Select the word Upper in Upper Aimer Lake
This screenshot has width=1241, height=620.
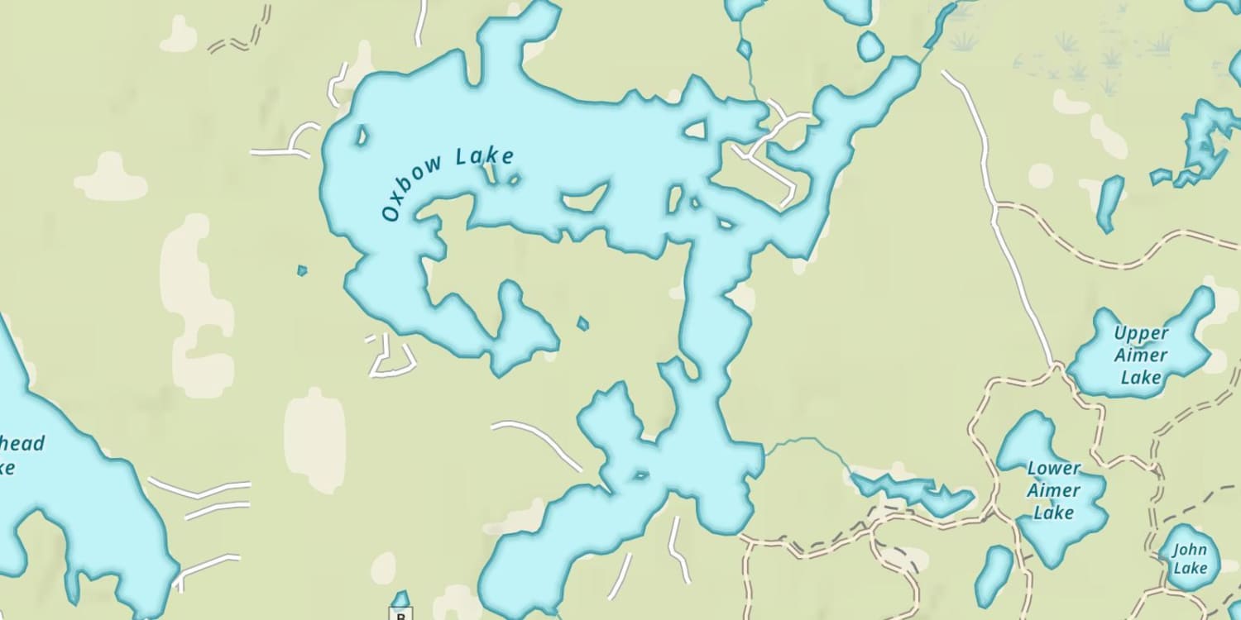click(1141, 333)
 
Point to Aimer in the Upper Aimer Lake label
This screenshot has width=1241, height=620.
click(1141, 355)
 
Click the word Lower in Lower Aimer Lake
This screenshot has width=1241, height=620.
click(1054, 469)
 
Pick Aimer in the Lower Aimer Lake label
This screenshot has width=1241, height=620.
click(1054, 490)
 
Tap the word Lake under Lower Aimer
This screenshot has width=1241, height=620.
click(1054, 513)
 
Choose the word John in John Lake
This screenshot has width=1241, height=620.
click(1190, 550)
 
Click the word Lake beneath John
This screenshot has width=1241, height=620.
click(1190, 569)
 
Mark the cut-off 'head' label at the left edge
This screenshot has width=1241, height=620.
click(22, 444)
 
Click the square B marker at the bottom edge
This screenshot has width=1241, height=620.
click(401, 615)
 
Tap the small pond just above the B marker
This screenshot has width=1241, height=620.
click(400, 598)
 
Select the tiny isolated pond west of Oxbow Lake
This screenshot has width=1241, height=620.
click(302, 269)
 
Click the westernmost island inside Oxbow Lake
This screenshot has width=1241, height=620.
click(361, 135)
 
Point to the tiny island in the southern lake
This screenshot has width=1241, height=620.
click(640, 475)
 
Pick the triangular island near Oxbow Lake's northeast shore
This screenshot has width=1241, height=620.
click(695, 130)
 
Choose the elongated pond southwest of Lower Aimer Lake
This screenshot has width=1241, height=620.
click(994, 575)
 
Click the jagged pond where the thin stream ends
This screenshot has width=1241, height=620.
click(910, 490)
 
